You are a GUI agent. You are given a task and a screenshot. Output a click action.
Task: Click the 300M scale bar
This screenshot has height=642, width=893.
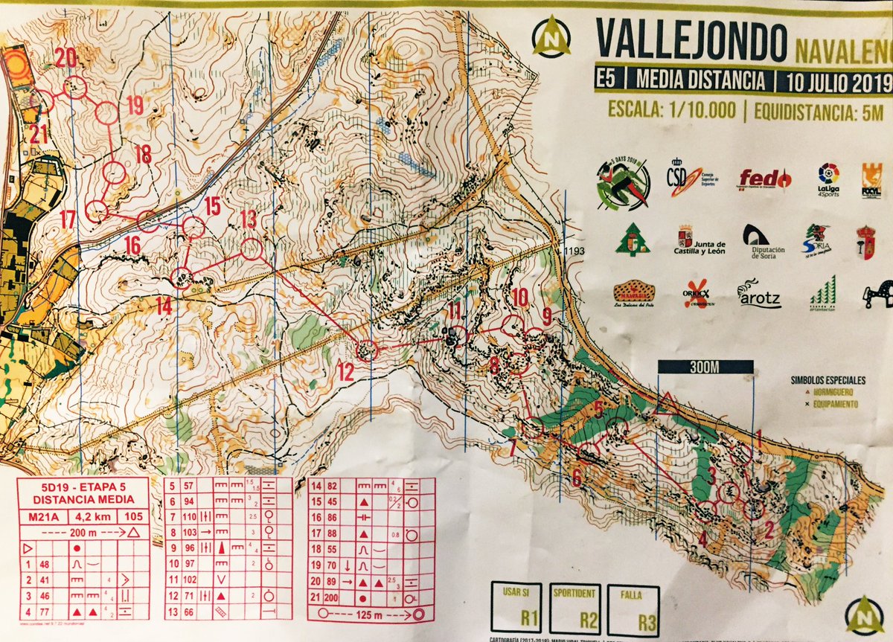(x=705, y=367)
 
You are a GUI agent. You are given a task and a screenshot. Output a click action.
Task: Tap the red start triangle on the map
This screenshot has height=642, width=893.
(x=666, y=404)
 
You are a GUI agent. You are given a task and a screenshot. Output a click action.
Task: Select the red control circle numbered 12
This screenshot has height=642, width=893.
(x=366, y=350)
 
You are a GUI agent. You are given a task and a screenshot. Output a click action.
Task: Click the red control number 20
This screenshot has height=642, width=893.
(x=65, y=57)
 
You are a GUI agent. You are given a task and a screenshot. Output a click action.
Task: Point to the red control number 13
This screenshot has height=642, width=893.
(x=247, y=219)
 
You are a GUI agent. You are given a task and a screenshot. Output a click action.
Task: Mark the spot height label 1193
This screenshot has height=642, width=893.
(x=574, y=251)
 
